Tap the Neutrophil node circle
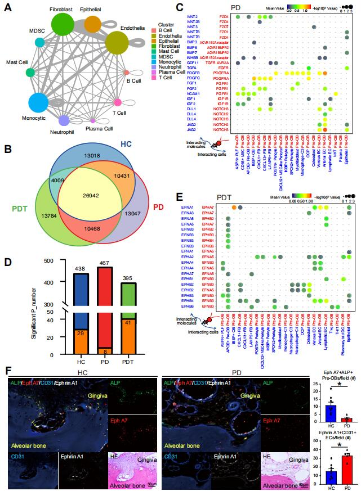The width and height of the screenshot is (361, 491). (64, 120)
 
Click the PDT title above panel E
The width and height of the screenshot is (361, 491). (240, 198)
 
